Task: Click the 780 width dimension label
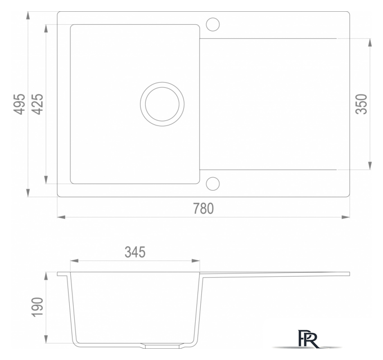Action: [x=203, y=208]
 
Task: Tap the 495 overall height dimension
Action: [x=19, y=104]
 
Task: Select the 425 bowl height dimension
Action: [x=38, y=104]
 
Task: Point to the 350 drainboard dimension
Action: [x=361, y=104]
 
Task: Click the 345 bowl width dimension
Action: [x=135, y=252]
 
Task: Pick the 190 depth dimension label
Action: [x=37, y=307]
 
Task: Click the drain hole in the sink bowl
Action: [x=162, y=104]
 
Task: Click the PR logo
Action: [x=308, y=339]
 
